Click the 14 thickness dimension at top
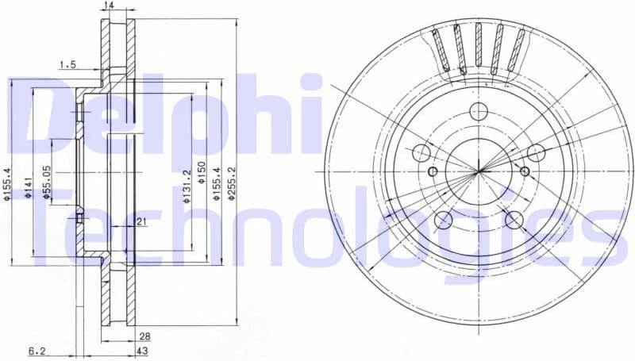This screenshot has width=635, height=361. pyautogui.click(x=109, y=6)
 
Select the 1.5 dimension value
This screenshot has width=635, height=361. pyautogui.click(x=67, y=65)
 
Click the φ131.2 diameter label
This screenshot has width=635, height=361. pyautogui.click(x=187, y=187)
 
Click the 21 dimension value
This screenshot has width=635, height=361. pyautogui.click(x=140, y=222)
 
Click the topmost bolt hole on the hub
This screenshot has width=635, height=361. pyautogui.click(x=479, y=112)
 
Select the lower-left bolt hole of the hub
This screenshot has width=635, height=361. pyautogui.click(x=444, y=220)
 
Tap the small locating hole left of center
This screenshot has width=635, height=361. pyautogui.click(x=433, y=172)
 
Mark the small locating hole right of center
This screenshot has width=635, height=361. pyautogui.click(x=524, y=172)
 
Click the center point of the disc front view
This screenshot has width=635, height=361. pyautogui.click(x=479, y=171)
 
